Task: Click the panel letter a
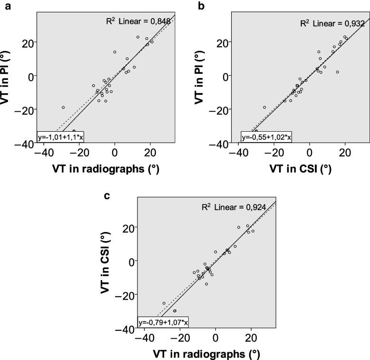coord(5,5)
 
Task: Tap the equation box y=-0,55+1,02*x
coord(267,137)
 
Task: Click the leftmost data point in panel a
coord(63,107)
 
